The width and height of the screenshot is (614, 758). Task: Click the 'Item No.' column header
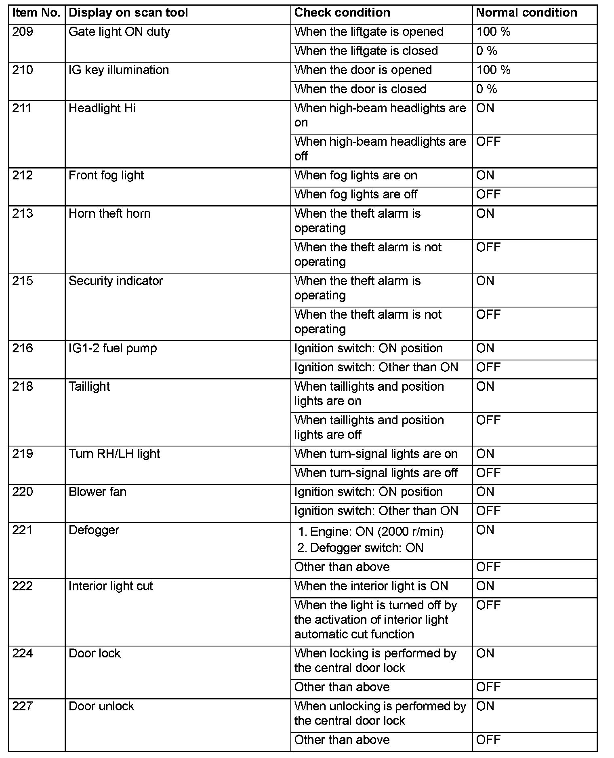36,13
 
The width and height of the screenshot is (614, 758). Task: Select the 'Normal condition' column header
526,13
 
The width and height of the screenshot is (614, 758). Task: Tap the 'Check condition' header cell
342,13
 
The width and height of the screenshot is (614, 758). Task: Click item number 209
23,32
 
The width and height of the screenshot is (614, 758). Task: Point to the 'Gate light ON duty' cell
119,32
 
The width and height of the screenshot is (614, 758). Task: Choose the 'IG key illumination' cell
119,70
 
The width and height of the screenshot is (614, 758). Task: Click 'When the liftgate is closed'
366,51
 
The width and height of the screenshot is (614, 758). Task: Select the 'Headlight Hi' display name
102,108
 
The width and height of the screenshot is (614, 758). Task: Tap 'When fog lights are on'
355,175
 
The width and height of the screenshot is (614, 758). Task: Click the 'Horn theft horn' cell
109,214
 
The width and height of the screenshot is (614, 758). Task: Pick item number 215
23,281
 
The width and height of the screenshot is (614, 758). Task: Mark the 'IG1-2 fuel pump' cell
113,348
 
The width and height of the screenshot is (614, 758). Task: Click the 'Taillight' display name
89,387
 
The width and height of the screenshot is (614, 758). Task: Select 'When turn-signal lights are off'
376,473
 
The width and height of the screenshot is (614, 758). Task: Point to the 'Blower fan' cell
97,492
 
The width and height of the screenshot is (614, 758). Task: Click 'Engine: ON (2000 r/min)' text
376,532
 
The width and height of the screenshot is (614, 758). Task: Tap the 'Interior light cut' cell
111,586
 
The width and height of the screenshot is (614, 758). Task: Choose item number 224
23,654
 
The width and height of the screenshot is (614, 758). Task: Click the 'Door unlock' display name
101,706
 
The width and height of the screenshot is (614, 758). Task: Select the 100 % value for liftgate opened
493,32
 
